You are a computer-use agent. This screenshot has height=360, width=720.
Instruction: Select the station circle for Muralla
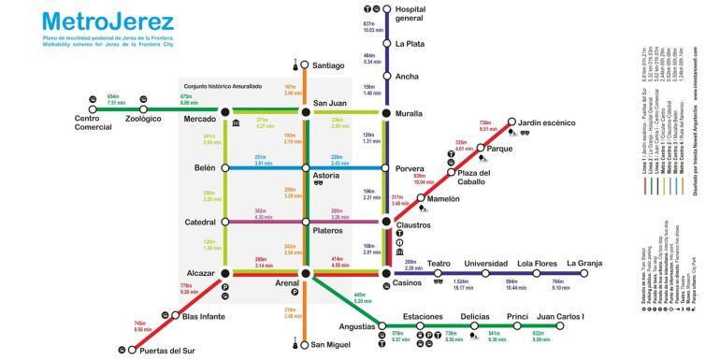pyautogui.click(x=385, y=113)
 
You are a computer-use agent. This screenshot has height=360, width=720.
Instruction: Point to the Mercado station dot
pyautogui.click(x=224, y=113)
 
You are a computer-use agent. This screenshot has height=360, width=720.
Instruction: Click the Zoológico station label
pyautogui.click(x=143, y=120)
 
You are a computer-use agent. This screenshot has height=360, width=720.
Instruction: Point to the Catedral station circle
pyautogui.click(x=224, y=222)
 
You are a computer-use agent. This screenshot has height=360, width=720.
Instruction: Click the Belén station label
pyautogui.click(x=203, y=167)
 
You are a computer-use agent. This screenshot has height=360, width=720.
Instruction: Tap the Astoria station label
pyautogui.click(x=326, y=175)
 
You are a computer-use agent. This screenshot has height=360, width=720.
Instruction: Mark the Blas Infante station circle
pyautogui.click(x=174, y=317)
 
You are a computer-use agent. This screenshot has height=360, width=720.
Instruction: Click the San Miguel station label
pyautogui.click(x=331, y=345)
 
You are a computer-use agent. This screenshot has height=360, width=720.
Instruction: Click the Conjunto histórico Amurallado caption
pyautogui.click(x=223, y=86)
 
